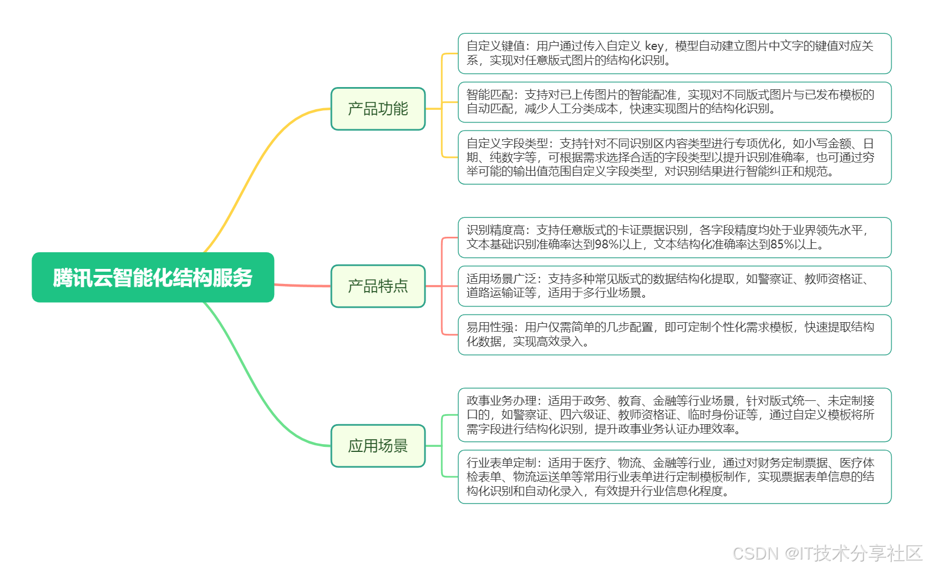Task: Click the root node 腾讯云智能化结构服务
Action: point(153,277)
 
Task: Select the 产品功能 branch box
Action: point(378,109)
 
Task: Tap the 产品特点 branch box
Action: point(378,286)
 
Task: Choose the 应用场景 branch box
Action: point(378,446)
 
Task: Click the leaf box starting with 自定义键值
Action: point(674,54)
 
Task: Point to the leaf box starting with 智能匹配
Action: point(674,102)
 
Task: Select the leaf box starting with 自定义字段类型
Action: point(674,157)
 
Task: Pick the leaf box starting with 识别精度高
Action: point(674,237)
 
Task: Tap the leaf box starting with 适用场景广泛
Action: point(674,286)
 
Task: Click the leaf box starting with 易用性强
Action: point(674,334)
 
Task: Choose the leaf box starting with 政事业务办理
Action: point(674,415)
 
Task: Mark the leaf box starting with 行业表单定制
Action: point(674,477)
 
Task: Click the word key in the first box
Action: point(654,46)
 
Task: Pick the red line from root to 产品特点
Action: point(302,285)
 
